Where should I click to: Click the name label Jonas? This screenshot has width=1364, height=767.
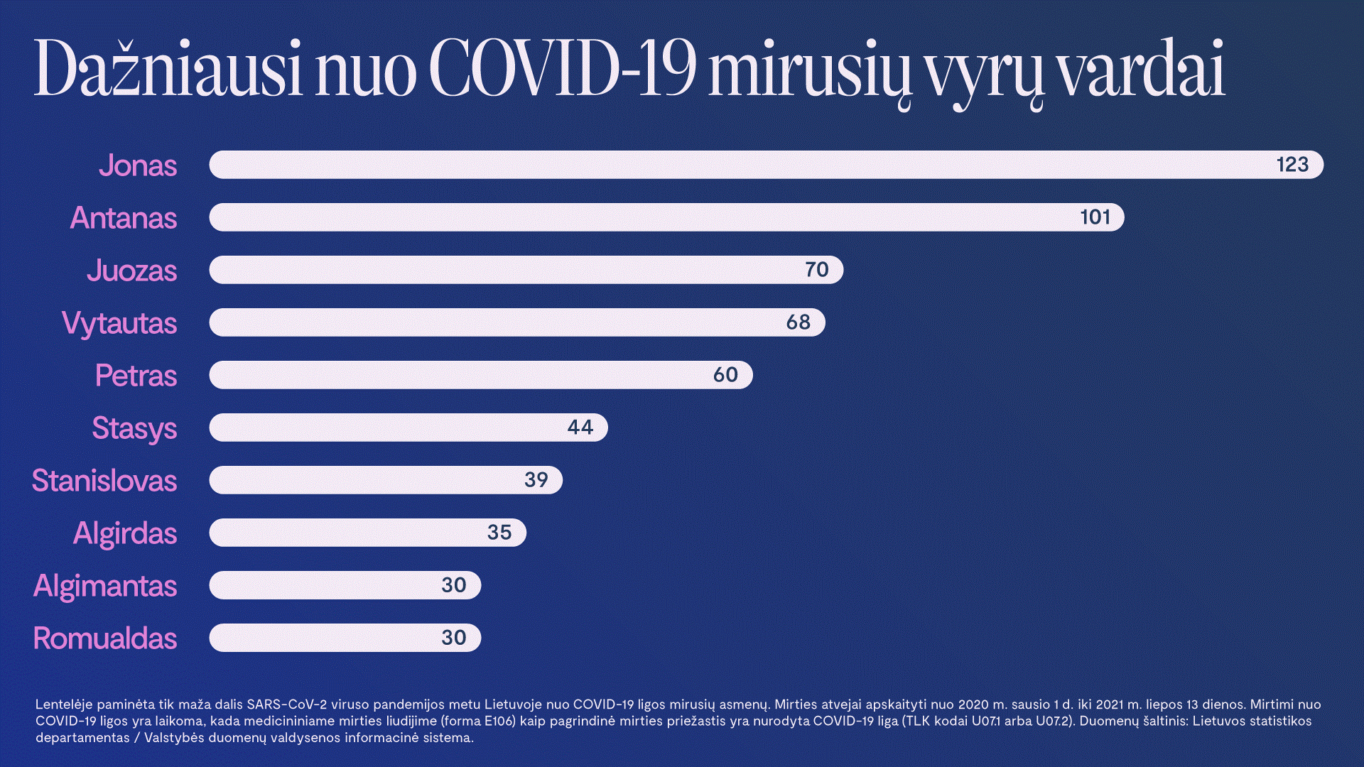[x=138, y=165]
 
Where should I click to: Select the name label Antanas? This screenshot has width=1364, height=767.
[x=124, y=218]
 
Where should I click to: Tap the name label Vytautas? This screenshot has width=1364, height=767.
[x=119, y=323]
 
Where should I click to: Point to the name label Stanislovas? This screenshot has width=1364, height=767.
[x=104, y=481]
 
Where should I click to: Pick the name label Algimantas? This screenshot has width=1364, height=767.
[x=105, y=586]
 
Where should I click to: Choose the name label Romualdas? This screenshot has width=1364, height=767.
[x=105, y=638]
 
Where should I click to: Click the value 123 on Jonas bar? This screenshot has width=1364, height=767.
[x=1292, y=165]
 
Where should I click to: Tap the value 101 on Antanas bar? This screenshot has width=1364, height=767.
[x=1095, y=217]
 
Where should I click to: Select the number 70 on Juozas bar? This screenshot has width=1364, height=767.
[x=816, y=270]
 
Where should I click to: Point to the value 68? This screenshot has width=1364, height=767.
[x=798, y=322]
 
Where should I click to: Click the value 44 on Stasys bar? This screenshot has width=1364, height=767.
[x=580, y=428]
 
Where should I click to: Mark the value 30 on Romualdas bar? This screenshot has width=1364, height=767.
[x=453, y=638]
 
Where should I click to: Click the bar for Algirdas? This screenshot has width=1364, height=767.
[x=341, y=533]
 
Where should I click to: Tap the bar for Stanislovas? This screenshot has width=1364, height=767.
[x=362, y=480]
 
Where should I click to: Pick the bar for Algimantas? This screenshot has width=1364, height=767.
[x=320, y=585]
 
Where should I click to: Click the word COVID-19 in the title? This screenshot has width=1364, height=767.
[x=562, y=69]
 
